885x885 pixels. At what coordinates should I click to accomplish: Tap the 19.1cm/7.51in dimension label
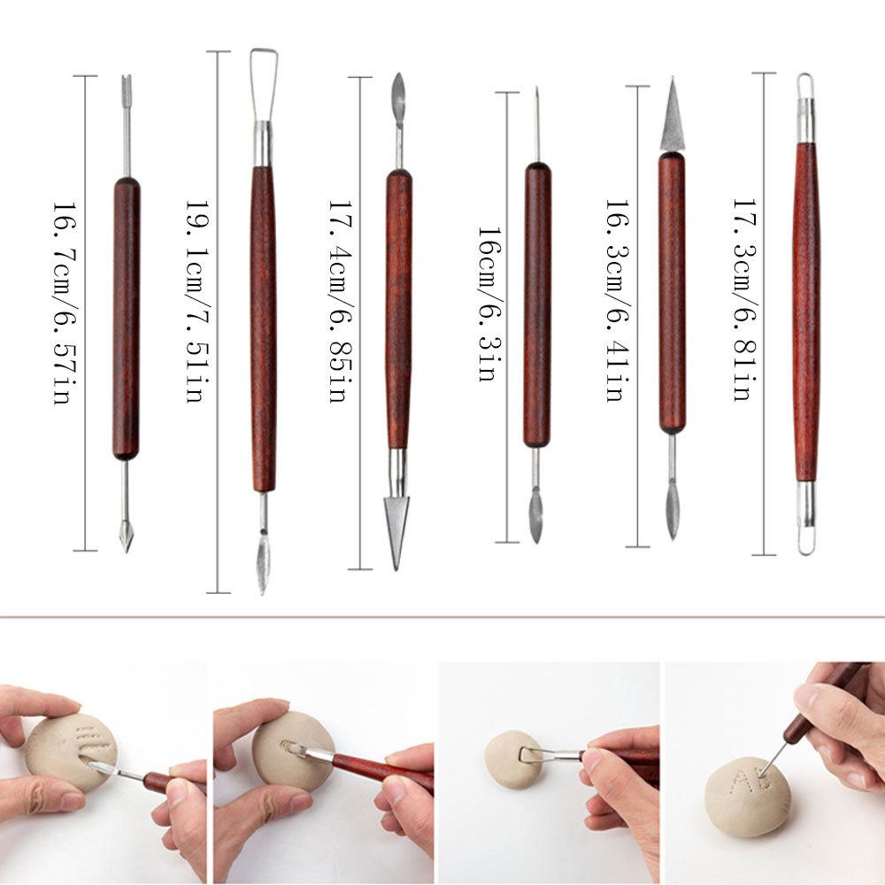(x=194, y=301)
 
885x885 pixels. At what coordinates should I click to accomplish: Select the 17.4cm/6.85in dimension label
(x=337, y=301)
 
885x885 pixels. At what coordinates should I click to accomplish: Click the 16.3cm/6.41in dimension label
(x=614, y=301)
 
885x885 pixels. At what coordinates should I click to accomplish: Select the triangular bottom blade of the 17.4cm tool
(x=396, y=527)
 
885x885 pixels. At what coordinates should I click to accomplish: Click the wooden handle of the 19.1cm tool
(x=263, y=327)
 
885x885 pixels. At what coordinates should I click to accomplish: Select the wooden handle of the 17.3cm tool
(x=805, y=310)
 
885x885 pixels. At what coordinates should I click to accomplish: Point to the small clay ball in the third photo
(x=509, y=758)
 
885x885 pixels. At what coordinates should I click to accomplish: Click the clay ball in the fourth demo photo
(x=747, y=792)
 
